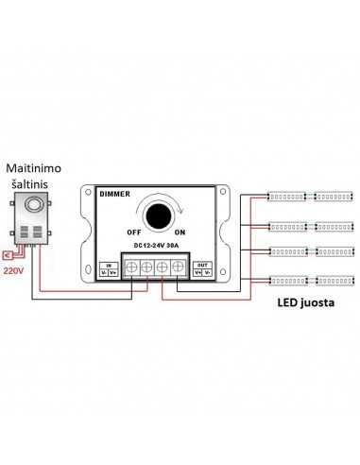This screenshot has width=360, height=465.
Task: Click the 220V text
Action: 13,271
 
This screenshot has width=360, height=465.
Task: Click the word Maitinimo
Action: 36,168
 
